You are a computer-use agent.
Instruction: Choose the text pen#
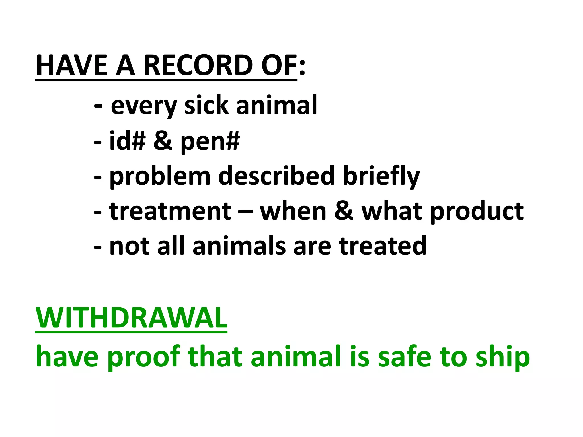click(x=210, y=142)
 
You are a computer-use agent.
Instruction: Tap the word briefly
click(x=381, y=176)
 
